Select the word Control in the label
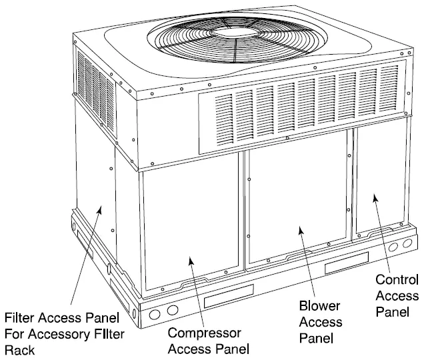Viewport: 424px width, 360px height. click(397, 279)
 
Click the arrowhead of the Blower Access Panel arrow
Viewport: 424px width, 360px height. click(301, 229)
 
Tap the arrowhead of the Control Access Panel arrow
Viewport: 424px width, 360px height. click(375, 196)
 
